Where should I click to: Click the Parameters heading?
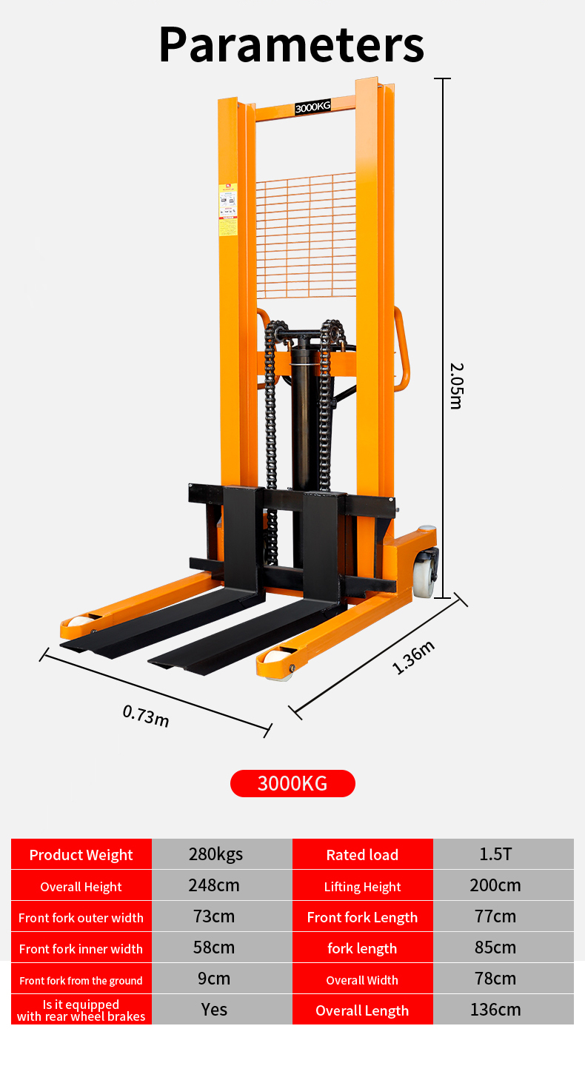coord(291,44)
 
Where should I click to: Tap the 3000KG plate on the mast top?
coord(312,107)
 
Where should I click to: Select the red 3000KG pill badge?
coord(292,783)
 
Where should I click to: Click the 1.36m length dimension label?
coord(413,657)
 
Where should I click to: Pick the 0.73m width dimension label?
coord(146,716)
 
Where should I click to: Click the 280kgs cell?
coord(215,854)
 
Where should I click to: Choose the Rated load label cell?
coord(362,854)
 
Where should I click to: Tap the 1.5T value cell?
coord(495,854)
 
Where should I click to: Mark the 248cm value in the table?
coord(215,885)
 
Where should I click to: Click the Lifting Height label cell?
coord(362,886)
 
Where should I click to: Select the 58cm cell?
coord(215,947)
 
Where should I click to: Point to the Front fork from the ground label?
coord(81,979)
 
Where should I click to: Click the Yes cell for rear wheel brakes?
coord(215,1010)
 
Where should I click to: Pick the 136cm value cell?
coord(495,1010)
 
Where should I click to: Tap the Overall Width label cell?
coord(362,979)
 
